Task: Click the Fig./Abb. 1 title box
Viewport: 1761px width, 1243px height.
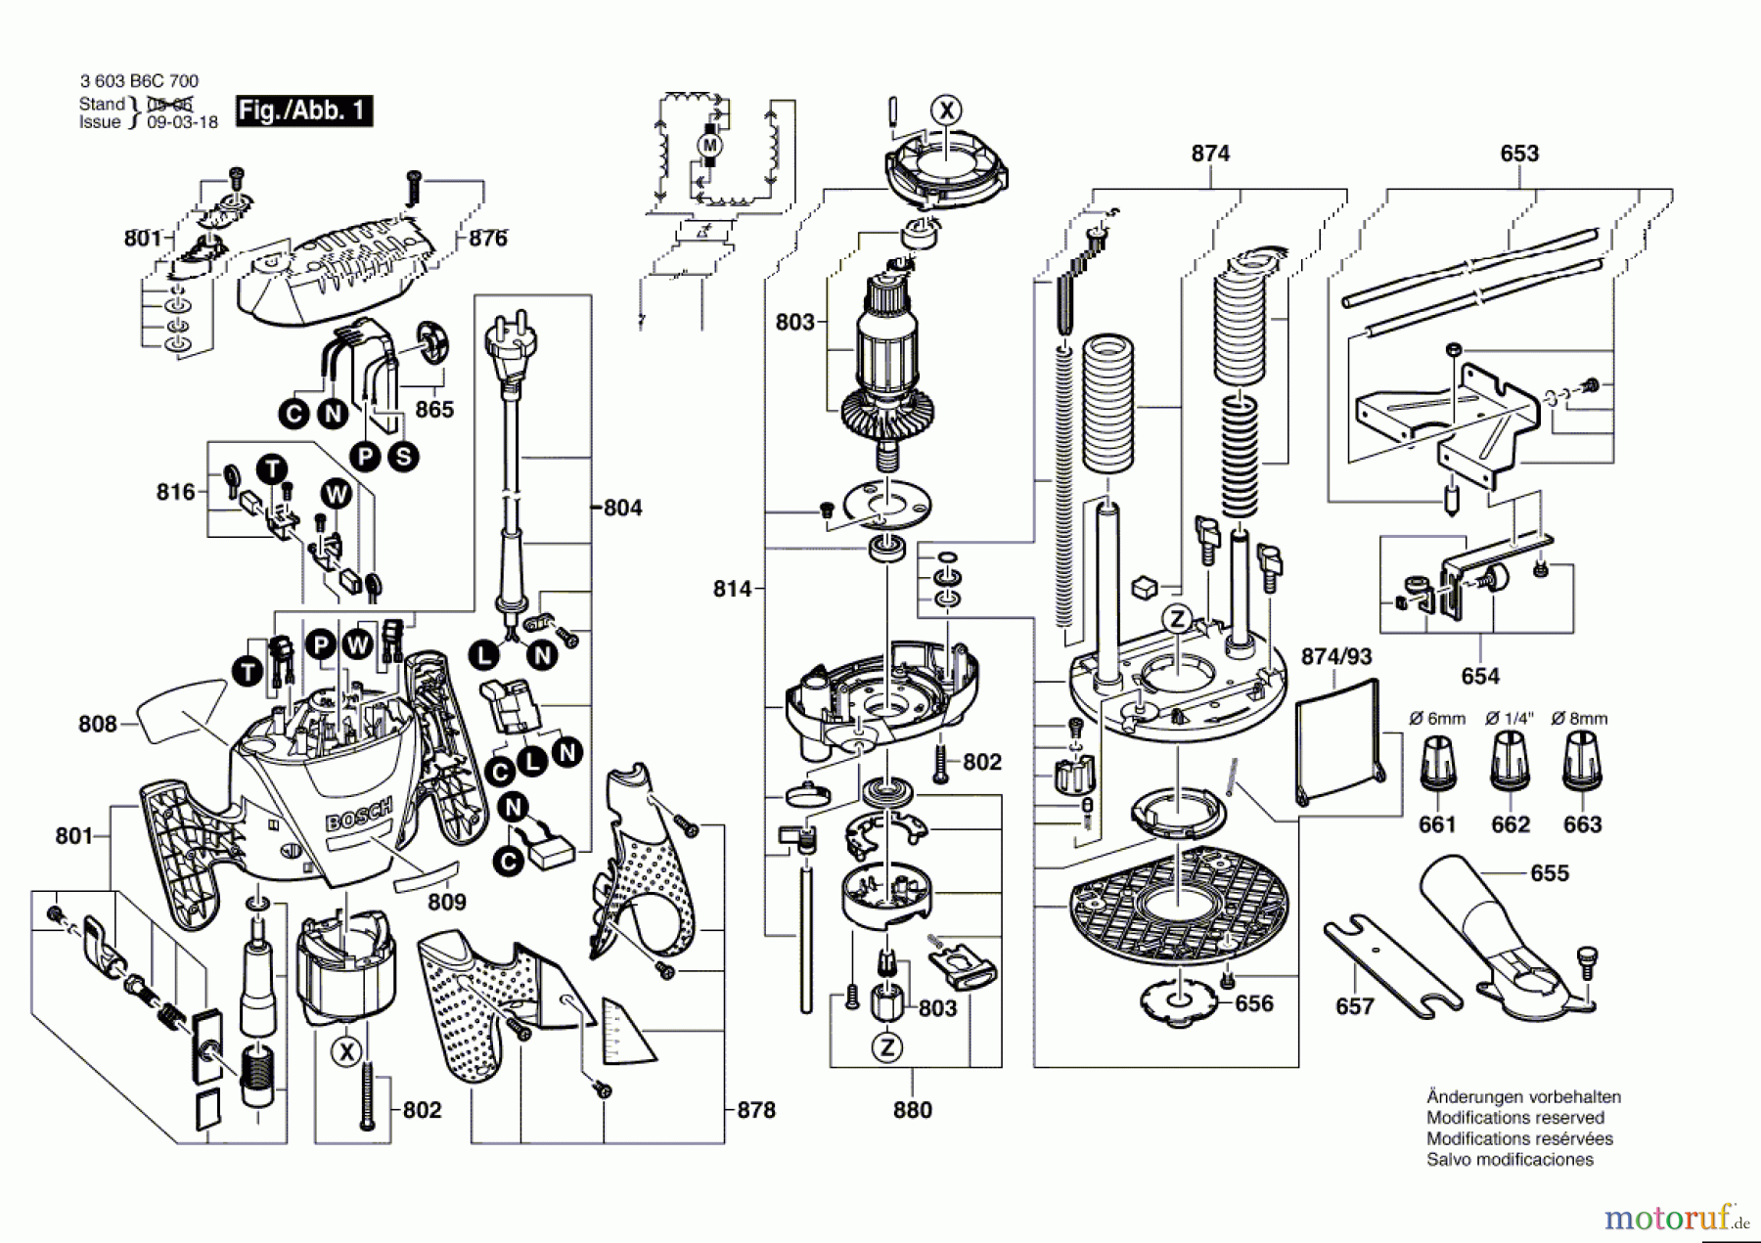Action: click(x=303, y=111)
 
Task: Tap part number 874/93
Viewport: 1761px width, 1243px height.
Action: click(x=1336, y=656)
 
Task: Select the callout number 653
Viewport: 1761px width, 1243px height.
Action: click(x=1519, y=154)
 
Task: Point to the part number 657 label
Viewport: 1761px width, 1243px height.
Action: click(x=1355, y=1006)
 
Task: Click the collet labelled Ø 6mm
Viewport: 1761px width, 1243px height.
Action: click(x=1437, y=763)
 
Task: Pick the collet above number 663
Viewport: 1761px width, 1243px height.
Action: click(x=1582, y=763)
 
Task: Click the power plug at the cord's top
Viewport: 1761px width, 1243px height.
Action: click(x=510, y=347)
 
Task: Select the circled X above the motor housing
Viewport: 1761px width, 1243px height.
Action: click(x=946, y=111)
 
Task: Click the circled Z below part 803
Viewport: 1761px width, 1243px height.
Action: click(x=887, y=1048)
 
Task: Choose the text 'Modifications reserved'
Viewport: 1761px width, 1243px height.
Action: click(x=1515, y=1118)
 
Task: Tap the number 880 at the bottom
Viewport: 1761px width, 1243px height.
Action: click(x=912, y=1110)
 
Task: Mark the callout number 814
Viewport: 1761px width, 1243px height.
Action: click(x=732, y=589)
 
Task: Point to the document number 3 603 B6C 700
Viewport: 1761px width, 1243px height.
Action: click(x=139, y=82)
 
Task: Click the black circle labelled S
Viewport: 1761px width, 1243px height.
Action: click(x=402, y=457)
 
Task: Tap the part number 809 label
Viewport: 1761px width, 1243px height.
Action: click(x=447, y=902)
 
